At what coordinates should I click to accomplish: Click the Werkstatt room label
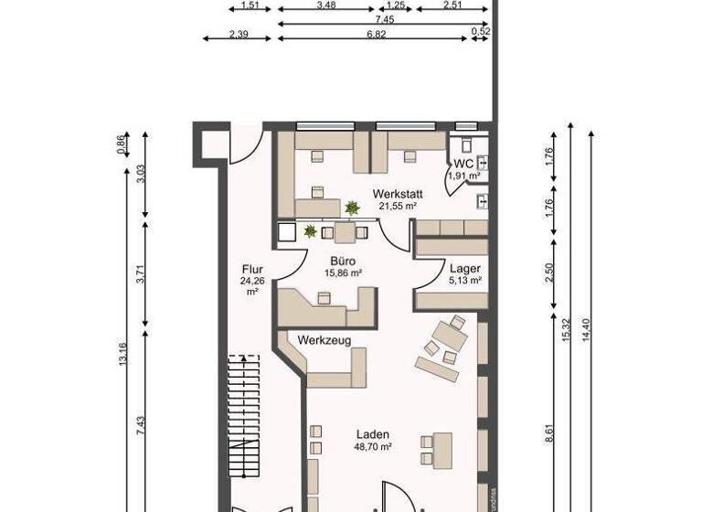pos(395,193)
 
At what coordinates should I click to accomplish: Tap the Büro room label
pos(344,260)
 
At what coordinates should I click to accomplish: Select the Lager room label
pos(464,268)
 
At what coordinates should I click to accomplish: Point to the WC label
pos(463,163)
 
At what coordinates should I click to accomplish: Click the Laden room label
pos(374,434)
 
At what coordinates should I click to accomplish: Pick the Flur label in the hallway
pos(252,269)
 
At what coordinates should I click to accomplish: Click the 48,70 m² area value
pos(374,447)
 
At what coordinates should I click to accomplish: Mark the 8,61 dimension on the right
pos(549,430)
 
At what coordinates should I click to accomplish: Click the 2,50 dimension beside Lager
pos(549,273)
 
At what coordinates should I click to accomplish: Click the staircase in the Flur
pos(245,421)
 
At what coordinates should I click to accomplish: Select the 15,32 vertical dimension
pos(567,329)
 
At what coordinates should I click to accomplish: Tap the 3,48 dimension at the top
pos(324,5)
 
